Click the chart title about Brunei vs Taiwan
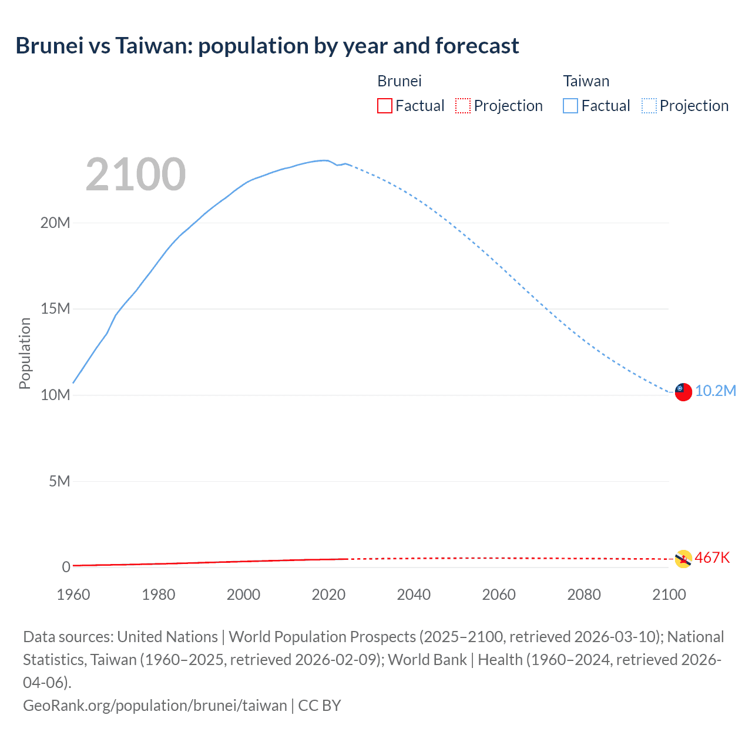[x=267, y=46]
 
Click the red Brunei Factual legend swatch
[x=384, y=106]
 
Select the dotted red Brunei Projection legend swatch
[x=463, y=106]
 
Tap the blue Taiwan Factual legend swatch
[x=570, y=106]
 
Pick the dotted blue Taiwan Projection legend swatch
[x=649, y=106]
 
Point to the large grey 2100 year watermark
[x=136, y=174]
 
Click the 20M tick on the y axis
[x=55, y=223]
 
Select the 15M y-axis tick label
[x=55, y=309]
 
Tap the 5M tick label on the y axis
[x=59, y=481]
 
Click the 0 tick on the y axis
[x=66, y=567]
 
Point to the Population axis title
[x=25, y=353]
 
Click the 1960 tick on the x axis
[x=73, y=595]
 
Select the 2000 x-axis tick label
[x=243, y=595]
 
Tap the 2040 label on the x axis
[x=414, y=595]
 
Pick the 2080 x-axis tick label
[x=584, y=595]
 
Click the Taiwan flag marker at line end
[x=683, y=392]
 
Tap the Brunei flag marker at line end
[x=683, y=559]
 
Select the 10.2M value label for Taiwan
[x=716, y=391]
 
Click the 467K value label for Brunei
[x=712, y=558]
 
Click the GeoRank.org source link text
[x=155, y=705]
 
